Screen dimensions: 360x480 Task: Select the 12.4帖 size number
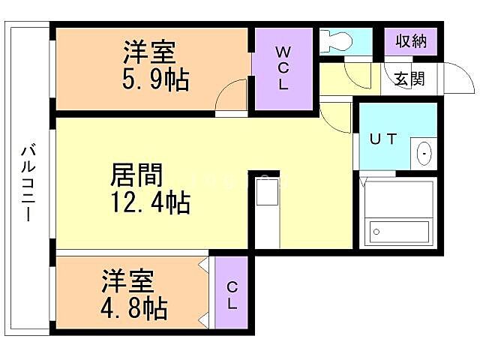(x=150, y=202)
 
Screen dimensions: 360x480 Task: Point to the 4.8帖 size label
(x=135, y=307)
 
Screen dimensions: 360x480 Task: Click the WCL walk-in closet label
(x=283, y=68)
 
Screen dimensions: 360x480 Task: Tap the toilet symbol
(x=334, y=40)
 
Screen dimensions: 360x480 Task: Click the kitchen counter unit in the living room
(x=267, y=196)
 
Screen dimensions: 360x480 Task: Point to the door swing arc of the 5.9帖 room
(x=229, y=97)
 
